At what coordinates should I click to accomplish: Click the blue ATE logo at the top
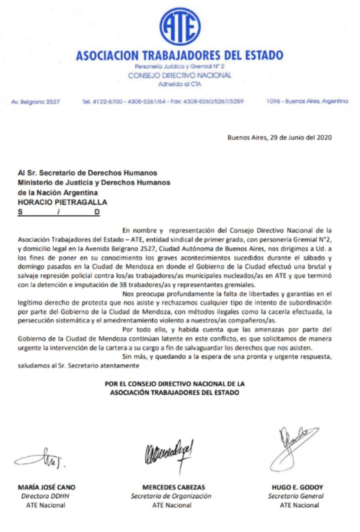180,26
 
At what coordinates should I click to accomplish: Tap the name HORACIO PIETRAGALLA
62,202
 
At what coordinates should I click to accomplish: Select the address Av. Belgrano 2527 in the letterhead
36,102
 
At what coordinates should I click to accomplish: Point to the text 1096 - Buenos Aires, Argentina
307,101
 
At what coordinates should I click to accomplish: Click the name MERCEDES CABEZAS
174,487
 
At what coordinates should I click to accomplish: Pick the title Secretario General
296,496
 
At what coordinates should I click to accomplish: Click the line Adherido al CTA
180,84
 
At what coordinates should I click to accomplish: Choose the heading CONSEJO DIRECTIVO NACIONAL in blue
180,75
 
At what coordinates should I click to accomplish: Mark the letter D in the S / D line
97,212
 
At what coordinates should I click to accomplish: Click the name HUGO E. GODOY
297,487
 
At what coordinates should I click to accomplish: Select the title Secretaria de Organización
171,496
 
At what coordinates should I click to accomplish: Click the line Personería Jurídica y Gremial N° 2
180,66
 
